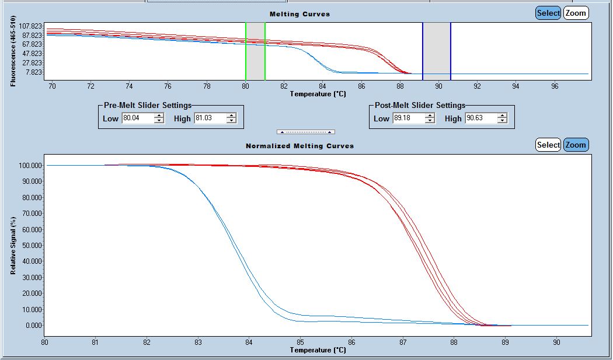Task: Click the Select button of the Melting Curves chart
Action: [548, 13]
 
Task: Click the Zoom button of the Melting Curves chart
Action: [576, 13]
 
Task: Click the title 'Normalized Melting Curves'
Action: [299, 146]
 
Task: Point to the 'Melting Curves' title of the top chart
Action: [299, 14]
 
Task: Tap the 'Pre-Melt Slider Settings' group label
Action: [147, 106]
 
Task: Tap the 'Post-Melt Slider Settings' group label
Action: [420, 106]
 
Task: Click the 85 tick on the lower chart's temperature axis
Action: [300, 342]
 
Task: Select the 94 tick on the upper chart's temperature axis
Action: [516, 86]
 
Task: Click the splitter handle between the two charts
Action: [306, 132]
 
